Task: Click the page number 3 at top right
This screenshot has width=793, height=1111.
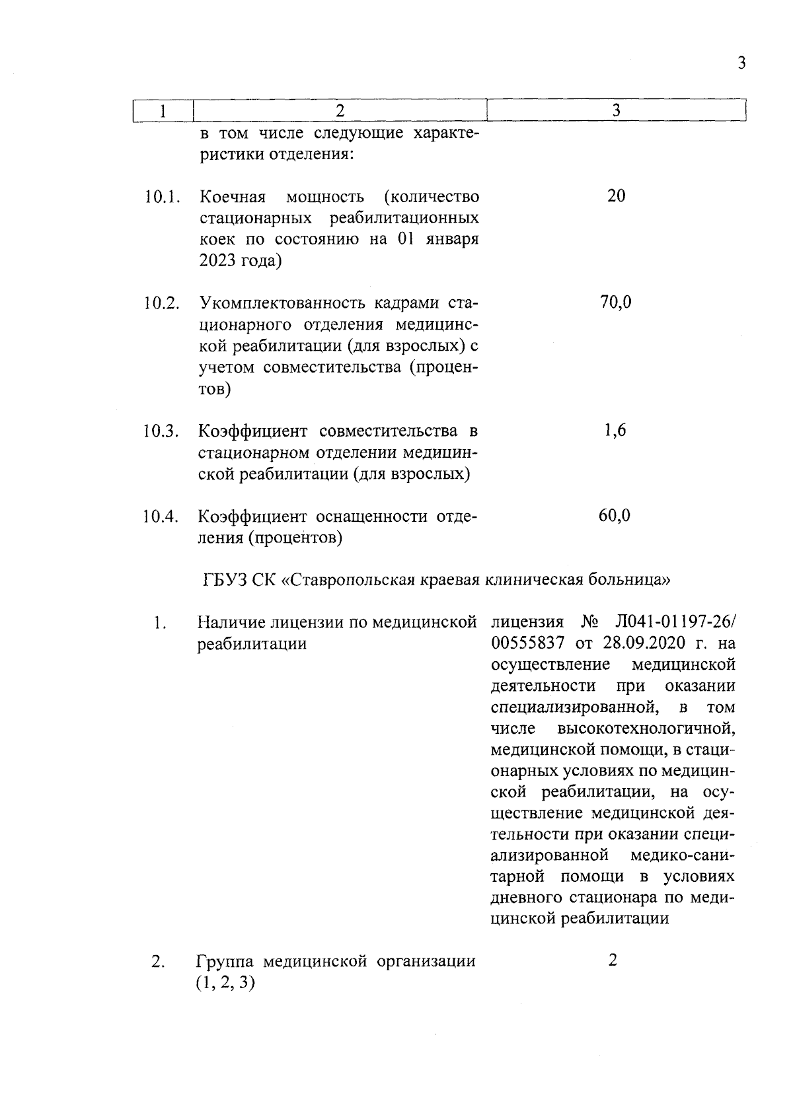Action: [x=741, y=63]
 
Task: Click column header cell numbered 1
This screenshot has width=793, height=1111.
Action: [x=162, y=111]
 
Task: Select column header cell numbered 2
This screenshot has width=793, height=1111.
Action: [x=339, y=111]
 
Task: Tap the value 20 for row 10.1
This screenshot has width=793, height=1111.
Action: [x=615, y=196]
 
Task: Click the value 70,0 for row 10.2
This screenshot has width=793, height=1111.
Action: [x=615, y=303]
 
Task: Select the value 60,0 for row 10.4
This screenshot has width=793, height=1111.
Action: [x=615, y=515]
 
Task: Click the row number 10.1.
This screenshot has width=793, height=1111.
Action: [x=161, y=197]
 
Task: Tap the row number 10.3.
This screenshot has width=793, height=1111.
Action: [x=161, y=431]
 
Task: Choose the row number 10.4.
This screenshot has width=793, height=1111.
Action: [x=161, y=517]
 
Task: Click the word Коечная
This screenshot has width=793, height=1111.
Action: [x=233, y=197]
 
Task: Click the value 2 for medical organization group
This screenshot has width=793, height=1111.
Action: [x=613, y=960]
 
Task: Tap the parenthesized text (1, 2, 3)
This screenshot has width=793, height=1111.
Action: [x=225, y=983]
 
